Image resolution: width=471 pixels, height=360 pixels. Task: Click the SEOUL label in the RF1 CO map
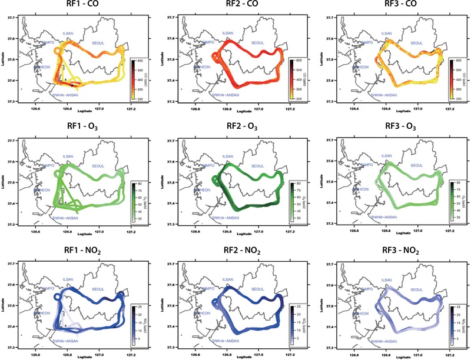point(108,42)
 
